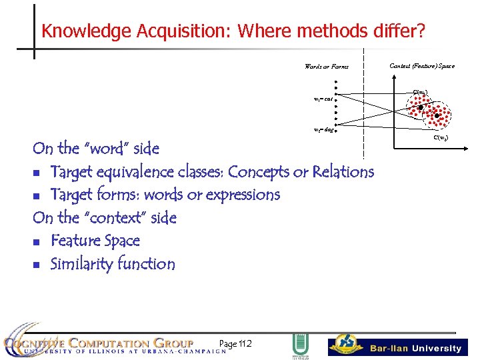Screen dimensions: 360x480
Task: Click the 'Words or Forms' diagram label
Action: pos(326,67)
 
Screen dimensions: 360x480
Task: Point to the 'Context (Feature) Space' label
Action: pos(422,65)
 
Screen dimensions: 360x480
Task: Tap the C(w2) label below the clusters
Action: pos(441,137)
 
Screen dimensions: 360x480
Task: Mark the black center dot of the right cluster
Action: pos(437,115)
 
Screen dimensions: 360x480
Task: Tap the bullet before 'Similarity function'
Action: pos(37,265)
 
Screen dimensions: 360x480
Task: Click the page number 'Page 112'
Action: pos(235,343)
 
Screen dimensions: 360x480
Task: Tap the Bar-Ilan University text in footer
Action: pos(416,348)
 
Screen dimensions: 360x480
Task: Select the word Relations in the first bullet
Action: pos(341,172)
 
